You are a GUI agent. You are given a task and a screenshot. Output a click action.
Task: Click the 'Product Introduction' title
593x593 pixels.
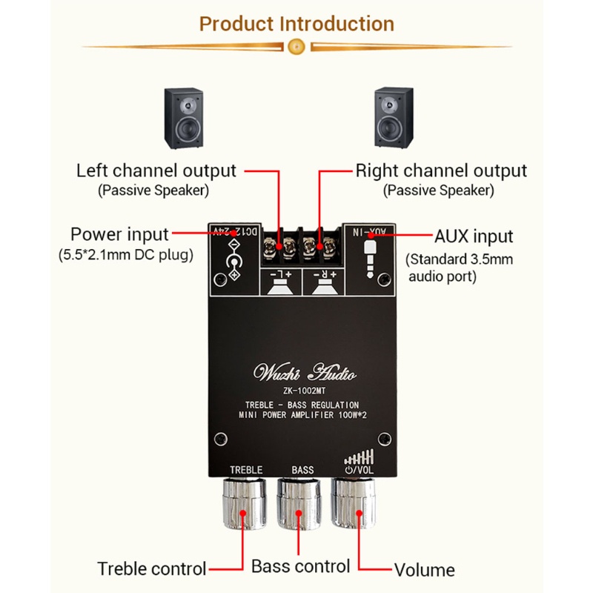296,23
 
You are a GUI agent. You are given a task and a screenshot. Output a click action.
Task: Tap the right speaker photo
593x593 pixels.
394,116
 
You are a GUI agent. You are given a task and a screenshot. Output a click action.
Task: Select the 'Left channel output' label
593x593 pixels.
156,170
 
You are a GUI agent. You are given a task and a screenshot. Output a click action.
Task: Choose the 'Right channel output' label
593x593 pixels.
441,170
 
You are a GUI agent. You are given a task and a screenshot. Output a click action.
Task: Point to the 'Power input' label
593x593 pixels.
119,235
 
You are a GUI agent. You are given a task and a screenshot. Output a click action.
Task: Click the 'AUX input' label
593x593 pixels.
473,236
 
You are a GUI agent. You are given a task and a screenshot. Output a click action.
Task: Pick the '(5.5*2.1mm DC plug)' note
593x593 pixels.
125,256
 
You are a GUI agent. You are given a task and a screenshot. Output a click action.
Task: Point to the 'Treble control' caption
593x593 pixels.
151,569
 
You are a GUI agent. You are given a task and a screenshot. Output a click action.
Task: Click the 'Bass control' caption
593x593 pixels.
300,567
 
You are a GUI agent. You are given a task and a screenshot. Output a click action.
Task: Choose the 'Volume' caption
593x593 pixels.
424,570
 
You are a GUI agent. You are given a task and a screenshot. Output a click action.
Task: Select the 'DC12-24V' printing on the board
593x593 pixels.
233,231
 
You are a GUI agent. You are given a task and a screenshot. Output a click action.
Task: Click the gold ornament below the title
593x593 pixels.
296,46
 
